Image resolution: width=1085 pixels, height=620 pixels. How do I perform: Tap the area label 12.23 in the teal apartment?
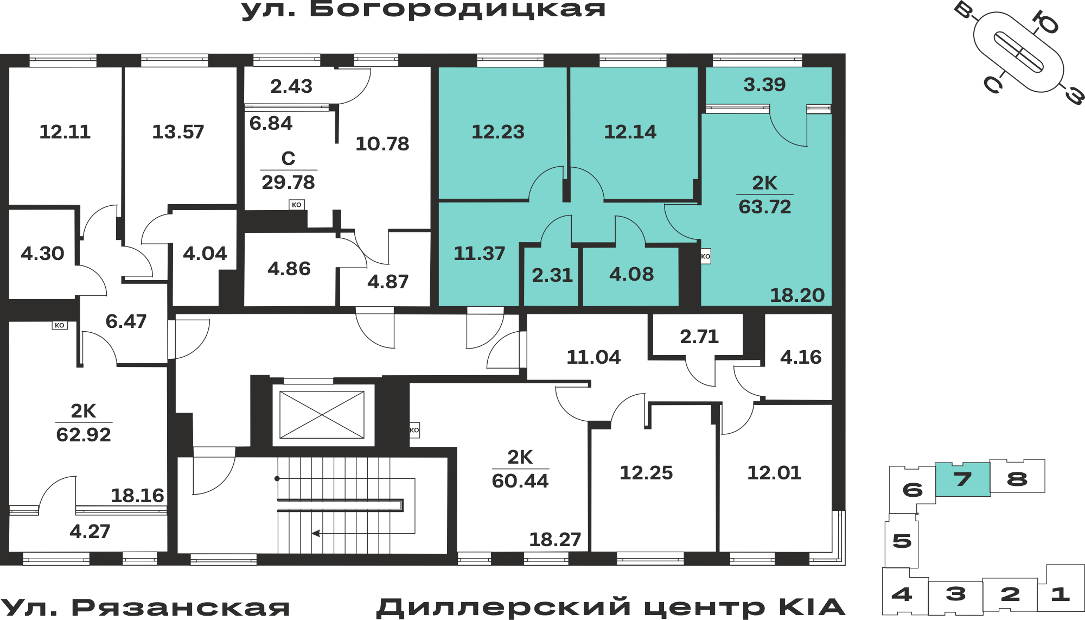498,132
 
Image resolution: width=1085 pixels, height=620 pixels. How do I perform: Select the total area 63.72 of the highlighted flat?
765,207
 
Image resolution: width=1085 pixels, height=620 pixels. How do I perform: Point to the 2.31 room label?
552,275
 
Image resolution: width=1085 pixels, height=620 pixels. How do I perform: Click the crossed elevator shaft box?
322,414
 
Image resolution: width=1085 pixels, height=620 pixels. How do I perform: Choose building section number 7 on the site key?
963,479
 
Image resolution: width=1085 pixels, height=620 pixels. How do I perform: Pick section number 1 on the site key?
1060,594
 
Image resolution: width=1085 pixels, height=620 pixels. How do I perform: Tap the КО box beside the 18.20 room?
705,256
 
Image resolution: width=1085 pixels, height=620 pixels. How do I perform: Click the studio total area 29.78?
288,182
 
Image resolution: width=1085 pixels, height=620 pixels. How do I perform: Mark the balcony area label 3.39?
764,85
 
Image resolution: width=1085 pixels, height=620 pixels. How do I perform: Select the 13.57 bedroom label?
178,132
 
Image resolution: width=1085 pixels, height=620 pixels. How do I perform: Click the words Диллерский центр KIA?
611,608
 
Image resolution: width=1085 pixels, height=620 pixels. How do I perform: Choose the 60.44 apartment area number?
520,481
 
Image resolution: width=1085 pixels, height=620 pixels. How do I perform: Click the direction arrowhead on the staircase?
315,533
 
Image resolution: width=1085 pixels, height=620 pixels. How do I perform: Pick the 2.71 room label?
699,337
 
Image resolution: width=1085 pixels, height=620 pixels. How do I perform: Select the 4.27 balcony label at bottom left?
90,531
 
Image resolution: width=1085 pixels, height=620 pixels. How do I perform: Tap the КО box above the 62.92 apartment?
60,325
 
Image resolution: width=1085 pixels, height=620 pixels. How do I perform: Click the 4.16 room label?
801,357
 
